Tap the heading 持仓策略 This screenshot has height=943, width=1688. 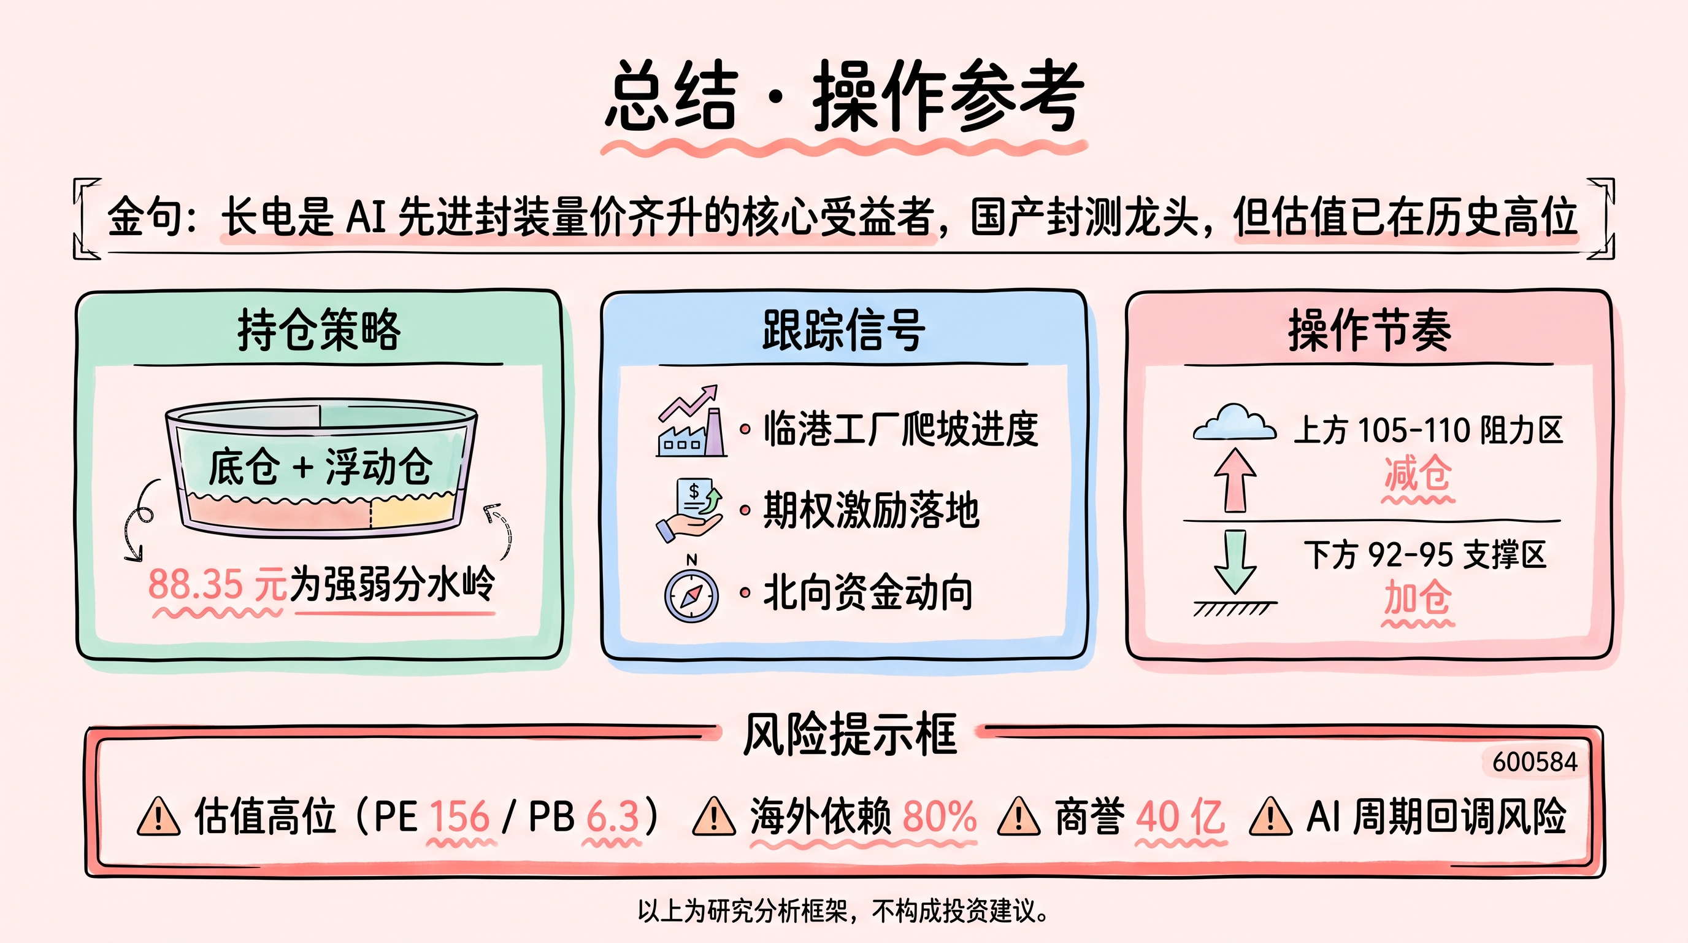tap(319, 329)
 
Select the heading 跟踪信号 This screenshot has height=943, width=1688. tap(844, 329)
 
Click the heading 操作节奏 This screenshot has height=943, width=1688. tap(1370, 329)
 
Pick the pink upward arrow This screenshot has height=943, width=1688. tap(1235, 480)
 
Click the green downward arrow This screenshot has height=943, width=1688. tap(1235, 562)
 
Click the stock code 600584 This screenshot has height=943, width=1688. tap(1535, 762)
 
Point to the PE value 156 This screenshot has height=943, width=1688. tap(459, 817)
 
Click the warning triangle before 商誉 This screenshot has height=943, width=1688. tap(1018, 817)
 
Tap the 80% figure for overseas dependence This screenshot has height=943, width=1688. tap(940, 817)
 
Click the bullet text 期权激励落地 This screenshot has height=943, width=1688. tap(871, 510)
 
